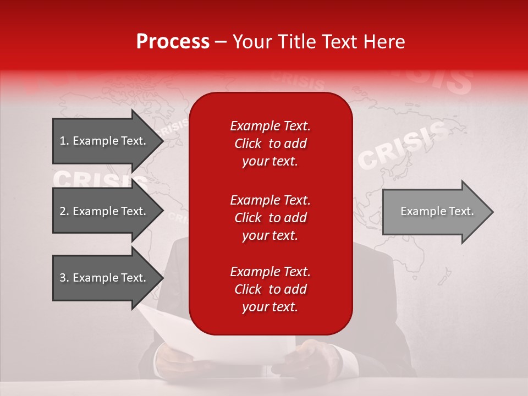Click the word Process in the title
(173, 42)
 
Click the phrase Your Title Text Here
(318, 42)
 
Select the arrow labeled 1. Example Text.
(105, 141)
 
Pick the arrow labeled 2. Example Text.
(105, 211)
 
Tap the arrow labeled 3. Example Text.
(105, 278)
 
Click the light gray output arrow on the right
(435, 212)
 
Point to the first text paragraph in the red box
(270, 144)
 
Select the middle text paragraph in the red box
(270, 218)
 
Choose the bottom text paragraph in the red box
(270, 289)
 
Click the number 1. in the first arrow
(64, 141)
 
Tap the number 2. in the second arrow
(64, 211)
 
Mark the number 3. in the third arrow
(64, 278)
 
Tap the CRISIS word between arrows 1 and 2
(99, 180)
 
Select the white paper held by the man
(182, 335)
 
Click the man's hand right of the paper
(311, 358)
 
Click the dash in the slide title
(221, 42)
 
